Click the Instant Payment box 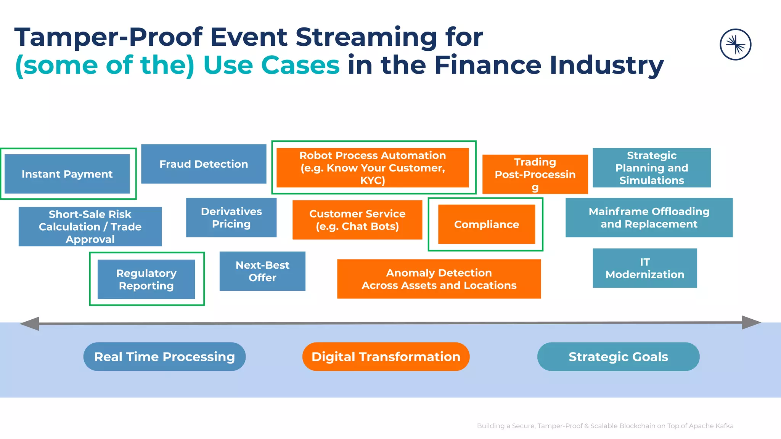[67, 174]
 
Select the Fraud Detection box [204, 164]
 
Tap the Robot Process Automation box [373, 168]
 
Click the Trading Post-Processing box [535, 174]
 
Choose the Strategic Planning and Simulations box [652, 168]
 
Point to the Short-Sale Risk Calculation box [90, 226]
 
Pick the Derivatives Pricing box [231, 218]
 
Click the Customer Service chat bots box [357, 220]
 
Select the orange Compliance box [487, 224]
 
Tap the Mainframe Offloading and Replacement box [649, 218]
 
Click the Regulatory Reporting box [146, 279]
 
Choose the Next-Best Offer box [262, 271]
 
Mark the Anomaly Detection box [439, 279]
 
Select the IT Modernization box [645, 268]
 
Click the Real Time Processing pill [164, 357]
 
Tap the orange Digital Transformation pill [386, 357]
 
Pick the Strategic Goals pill [618, 357]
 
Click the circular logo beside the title [736, 45]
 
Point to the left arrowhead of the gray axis [30, 324]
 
